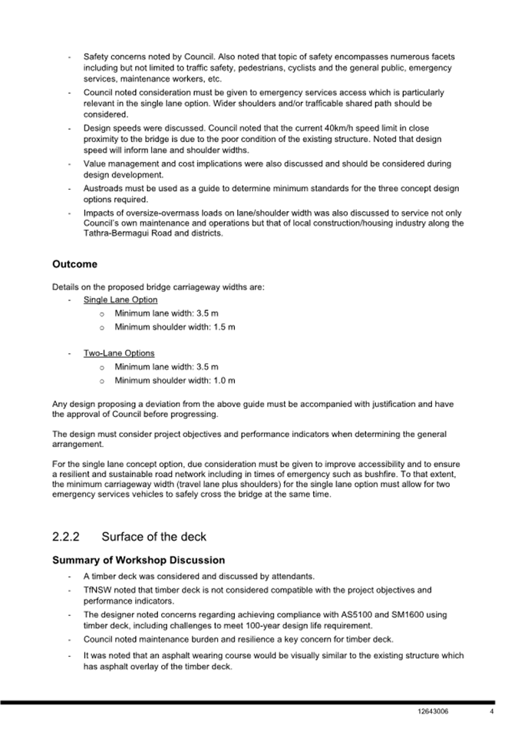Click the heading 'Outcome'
click(74, 264)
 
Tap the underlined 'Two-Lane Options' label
click(119, 353)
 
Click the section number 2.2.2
click(68, 536)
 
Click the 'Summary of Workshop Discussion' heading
click(138, 560)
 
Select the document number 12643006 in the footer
click(433, 712)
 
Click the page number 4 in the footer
click(491, 712)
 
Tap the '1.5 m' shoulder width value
click(222, 326)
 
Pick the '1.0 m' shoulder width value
click(222, 380)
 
